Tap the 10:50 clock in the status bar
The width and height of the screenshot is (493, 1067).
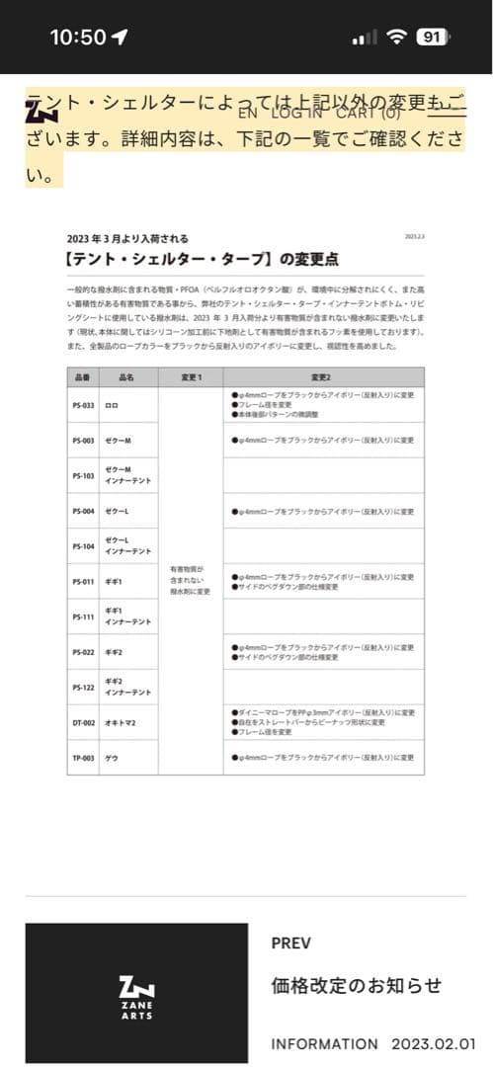(x=77, y=38)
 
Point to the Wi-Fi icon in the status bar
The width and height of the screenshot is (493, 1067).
(x=397, y=38)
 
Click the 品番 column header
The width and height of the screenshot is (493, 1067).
(x=82, y=378)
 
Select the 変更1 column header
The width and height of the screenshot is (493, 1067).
(x=191, y=378)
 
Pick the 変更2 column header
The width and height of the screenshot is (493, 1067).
(x=323, y=378)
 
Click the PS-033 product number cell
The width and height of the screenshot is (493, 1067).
(x=83, y=405)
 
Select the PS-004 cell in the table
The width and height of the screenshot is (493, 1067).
(x=83, y=512)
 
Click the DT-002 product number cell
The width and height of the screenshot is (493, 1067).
(x=83, y=723)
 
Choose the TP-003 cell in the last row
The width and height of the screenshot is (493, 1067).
(x=83, y=758)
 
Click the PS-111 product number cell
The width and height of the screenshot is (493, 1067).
(x=83, y=616)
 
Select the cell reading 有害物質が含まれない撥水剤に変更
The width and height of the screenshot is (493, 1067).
(x=191, y=580)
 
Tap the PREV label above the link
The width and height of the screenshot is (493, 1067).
(x=290, y=944)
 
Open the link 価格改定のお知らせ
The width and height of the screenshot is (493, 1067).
(x=356, y=986)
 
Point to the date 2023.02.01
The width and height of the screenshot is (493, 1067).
(x=434, y=1043)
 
